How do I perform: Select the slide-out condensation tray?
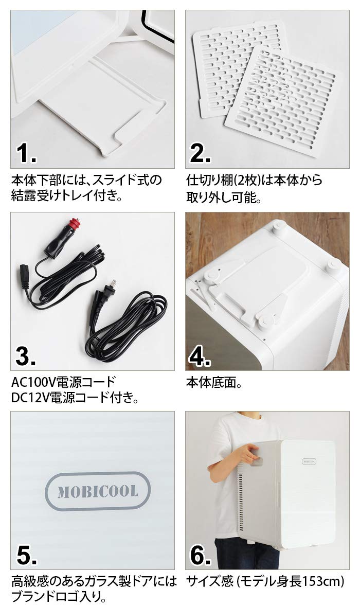103,111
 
